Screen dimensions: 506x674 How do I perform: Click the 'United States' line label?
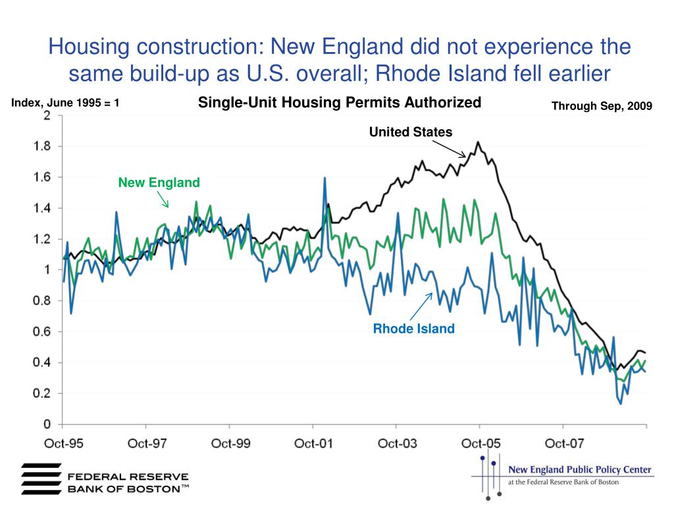pos(411,132)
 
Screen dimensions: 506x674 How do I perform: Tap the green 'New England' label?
pos(159,183)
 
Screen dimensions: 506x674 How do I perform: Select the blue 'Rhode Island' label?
pos(413,329)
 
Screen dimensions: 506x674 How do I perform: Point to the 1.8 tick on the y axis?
pos(42,146)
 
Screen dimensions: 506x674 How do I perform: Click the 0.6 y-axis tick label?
pos(42,332)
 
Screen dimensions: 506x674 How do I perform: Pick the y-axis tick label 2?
pos(47,115)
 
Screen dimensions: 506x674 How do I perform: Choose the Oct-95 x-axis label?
pos(63,443)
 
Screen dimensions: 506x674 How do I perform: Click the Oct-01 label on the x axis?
pos(313,443)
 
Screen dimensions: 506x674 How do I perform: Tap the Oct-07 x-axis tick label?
pos(563,443)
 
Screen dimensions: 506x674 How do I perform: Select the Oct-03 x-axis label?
pos(397,443)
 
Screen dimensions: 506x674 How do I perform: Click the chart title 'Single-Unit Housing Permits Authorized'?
pos(340,103)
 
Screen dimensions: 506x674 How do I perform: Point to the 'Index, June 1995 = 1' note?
pos(65,103)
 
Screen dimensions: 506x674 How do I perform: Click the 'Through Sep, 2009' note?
pos(601,105)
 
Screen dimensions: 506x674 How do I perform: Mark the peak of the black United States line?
pos(478,142)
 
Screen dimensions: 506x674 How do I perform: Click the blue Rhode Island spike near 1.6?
pos(324,177)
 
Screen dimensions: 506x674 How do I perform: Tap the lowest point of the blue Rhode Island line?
pos(621,403)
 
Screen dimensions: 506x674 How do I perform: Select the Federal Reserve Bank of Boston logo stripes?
pos(41,478)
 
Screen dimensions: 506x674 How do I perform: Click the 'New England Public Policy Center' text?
pos(579,470)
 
